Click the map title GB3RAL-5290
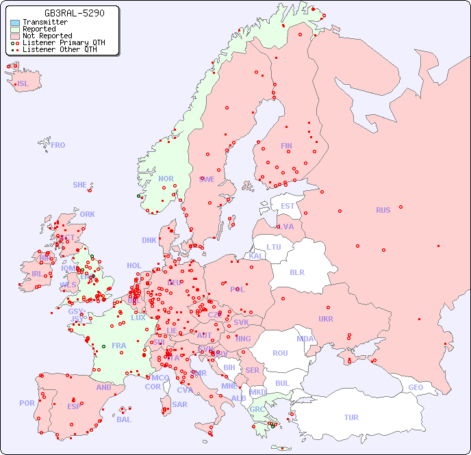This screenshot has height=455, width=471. coord(74,13)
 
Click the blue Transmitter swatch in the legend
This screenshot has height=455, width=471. coord(15,23)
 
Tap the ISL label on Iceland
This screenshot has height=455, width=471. coord(23,84)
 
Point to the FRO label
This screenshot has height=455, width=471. coord(58,145)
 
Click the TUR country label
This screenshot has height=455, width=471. coord(351,417)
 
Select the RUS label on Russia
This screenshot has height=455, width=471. coord(383,210)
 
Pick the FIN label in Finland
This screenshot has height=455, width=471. coord(286,146)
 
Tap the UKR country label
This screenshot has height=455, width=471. coord(326,319)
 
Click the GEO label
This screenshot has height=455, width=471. coord(416,387)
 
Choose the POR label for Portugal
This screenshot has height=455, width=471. coord(27,403)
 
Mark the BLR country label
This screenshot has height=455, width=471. coord(297,272)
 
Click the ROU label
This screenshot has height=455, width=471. coord(280,353)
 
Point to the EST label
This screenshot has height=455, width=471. coord(288,206)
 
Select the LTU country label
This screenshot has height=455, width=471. coord(274,247)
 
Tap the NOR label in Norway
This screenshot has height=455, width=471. coord(166,179)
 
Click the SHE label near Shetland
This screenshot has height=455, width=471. coord(80,185)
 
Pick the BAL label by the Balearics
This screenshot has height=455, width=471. coord(124,419)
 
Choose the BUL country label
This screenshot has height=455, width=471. coord(282,383)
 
